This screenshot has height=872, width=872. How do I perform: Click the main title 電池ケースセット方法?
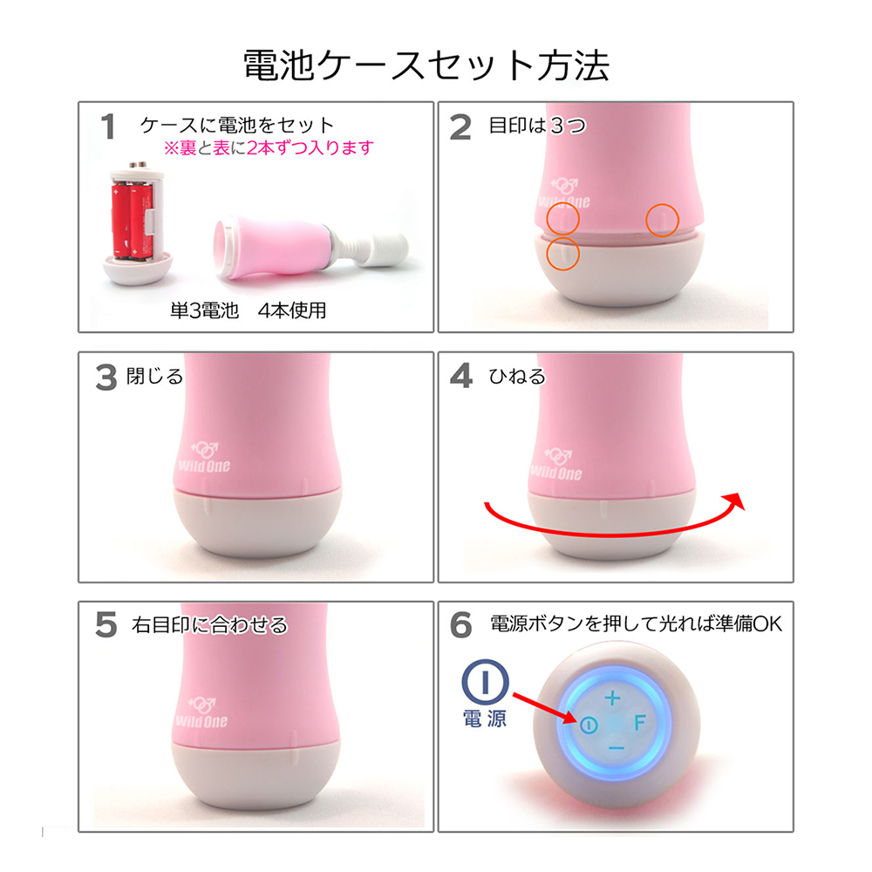pyautogui.click(x=426, y=65)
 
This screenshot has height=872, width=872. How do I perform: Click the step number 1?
pyautogui.click(x=108, y=126)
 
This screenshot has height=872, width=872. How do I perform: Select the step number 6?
pyautogui.click(x=461, y=624)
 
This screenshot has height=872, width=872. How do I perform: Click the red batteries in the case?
pyautogui.click(x=132, y=221)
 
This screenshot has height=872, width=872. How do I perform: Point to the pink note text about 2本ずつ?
pyautogui.click(x=269, y=148)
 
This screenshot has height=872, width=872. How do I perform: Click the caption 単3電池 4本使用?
pyautogui.click(x=248, y=310)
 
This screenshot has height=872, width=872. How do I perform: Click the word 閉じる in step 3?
pyautogui.click(x=154, y=377)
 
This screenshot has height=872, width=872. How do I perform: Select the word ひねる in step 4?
pyautogui.click(x=517, y=377)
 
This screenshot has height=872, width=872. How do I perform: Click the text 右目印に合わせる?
pyautogui.click(x=209, y=625)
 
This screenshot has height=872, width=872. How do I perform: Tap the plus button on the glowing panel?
pyautogui.click(x=612, y=698)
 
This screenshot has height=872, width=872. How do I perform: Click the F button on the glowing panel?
pyautogui.click(x=639, y=722)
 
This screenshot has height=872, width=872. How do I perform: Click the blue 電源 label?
pyautogui.click(x=485, y=719)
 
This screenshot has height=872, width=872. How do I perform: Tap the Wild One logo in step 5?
pyautogui.click(x=201, y=713)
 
